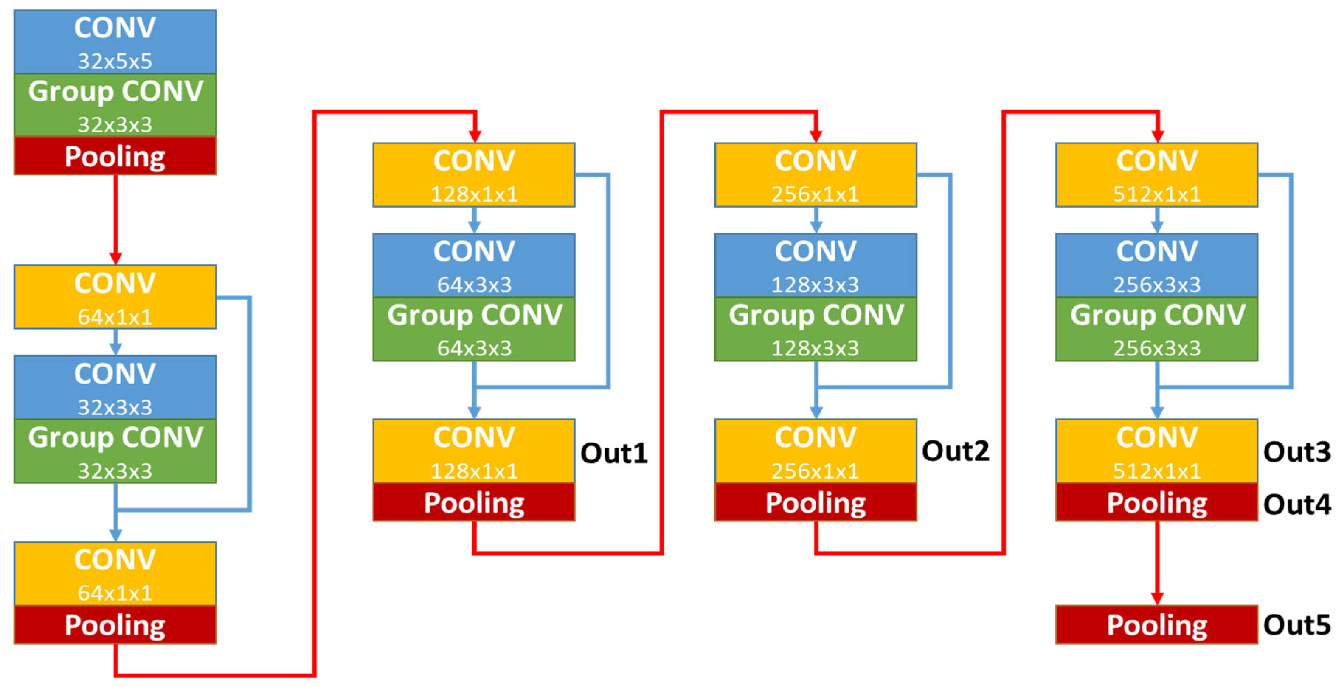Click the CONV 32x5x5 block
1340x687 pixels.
click(x=115, y=42)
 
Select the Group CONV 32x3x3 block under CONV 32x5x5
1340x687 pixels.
click(x=115, y=105)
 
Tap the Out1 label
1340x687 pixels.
click(x=614, y=453)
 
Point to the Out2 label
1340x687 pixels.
click(x=955, y=451)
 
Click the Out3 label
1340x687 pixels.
click(x=1296, y=452)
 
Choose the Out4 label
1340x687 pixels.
click(x=1296, y=504)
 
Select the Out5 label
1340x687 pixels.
click(x=1296, y=625)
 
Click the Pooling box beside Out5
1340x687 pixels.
click(x=1156, y=625)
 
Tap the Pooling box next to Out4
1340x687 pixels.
click(x=1156, y=502)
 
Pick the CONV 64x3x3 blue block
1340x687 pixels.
click(x=474, y=265)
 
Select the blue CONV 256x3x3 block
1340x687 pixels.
click(x=1156, y=265)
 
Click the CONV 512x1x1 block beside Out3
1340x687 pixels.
click(x=1156, y=451)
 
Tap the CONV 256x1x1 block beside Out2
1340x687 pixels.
click(x=815, y=451)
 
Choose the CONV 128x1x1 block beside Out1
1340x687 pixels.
click(x=474, y=451)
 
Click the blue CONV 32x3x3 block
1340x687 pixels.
click(x=115, y=388)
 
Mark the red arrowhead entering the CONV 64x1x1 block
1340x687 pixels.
click(x=115, y=258)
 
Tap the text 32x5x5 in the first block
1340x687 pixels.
click(x=115, y=61)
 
